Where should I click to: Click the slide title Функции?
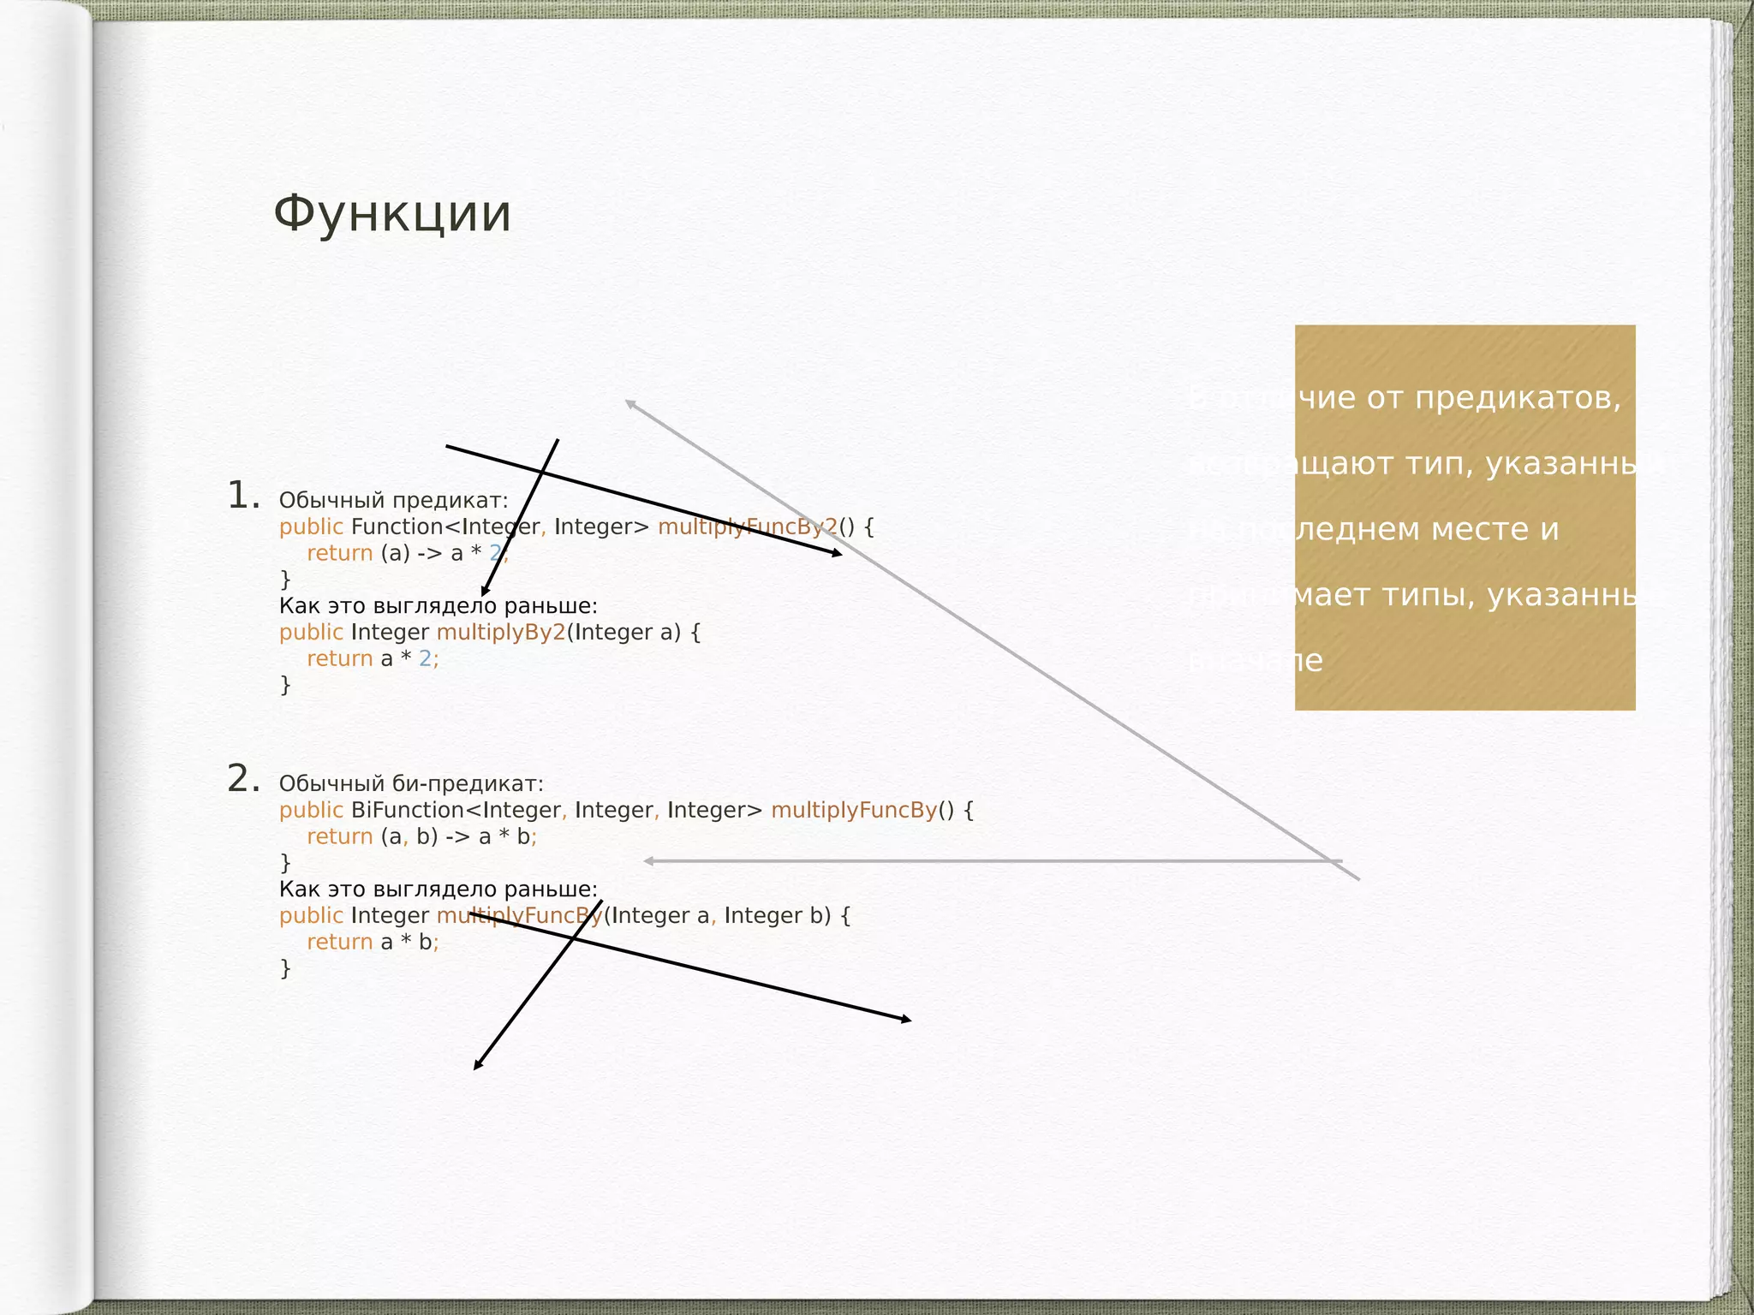click(x=392, y=214)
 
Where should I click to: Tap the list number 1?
click(x=243, y=496)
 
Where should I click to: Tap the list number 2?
click(x=243, y=779)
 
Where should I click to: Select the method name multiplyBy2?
click(x=501, y=632)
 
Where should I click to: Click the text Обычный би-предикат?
click(x=411, y=783)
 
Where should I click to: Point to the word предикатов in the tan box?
click(x=1518, y=398)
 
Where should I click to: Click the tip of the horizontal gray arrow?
click(x=647, y=860)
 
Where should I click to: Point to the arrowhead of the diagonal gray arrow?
click(x=628, y=402)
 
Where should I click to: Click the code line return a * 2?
click(x=373, y=658)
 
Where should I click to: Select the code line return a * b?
click(x=373, y=942)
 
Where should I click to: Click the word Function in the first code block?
click(x=397, y=527)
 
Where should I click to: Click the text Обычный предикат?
click(x=393, y=500)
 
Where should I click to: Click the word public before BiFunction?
click(x=311, y=810)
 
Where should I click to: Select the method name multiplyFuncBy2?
click(x=747, y=527)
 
